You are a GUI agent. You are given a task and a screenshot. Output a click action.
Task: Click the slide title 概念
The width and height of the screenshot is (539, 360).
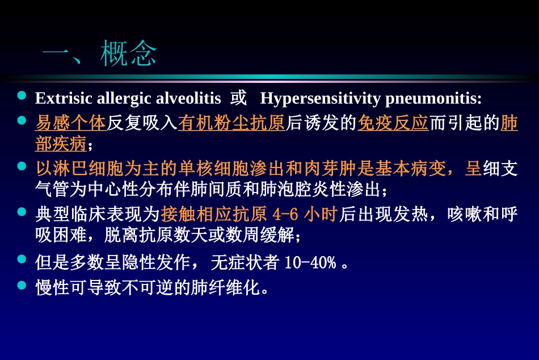coord(128,55)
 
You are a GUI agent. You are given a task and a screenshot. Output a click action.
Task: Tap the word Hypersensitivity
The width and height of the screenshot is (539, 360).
coord(321,98)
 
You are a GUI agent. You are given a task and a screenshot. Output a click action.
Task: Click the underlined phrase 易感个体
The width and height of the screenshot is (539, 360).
coord(70,123)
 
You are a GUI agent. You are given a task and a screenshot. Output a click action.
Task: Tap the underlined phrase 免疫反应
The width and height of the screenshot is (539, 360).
coord(393,123)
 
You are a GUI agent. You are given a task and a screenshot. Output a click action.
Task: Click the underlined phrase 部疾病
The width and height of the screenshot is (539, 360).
coord(61,144)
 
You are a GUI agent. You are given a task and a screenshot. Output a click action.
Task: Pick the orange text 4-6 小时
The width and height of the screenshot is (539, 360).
coord(306,214)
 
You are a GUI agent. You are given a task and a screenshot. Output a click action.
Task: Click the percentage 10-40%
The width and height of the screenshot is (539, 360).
coord(310,262)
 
